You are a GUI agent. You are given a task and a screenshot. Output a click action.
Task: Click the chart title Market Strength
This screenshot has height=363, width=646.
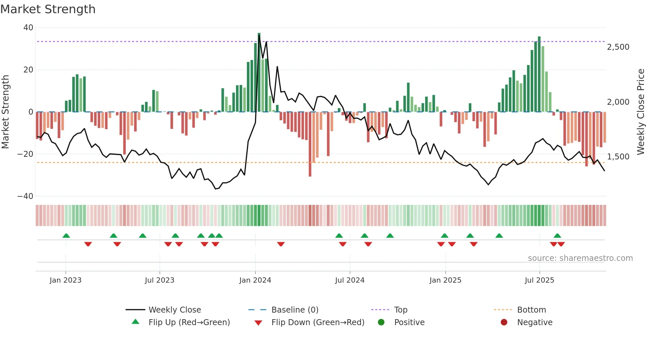point(48,9)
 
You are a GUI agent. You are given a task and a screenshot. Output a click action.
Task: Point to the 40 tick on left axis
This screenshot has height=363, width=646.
point(28,28)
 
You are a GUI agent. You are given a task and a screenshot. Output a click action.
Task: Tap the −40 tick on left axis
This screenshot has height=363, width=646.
point(25,196)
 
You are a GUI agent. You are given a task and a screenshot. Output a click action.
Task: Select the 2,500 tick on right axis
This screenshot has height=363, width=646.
point(618,47)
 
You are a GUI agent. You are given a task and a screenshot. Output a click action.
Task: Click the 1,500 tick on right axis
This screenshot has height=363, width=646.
point(618,157)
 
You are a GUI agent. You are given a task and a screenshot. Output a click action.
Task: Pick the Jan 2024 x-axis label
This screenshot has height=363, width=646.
point(255,280)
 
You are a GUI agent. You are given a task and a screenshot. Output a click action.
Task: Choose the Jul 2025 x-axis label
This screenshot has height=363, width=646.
point(539,280)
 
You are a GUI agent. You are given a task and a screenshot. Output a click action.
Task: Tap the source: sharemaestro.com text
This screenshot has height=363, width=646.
point(580,258)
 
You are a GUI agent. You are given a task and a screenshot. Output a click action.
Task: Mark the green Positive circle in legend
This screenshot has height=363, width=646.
point(381,322)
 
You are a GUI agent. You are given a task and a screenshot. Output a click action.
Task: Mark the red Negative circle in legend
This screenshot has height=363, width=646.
point(504,322)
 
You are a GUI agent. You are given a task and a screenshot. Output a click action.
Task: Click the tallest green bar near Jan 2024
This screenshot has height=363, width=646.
point(259,72)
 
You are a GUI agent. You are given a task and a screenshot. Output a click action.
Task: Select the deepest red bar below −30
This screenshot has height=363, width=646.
point(310,145)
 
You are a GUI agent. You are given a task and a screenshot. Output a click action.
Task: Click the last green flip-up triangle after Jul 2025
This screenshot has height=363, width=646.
point(557,236)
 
